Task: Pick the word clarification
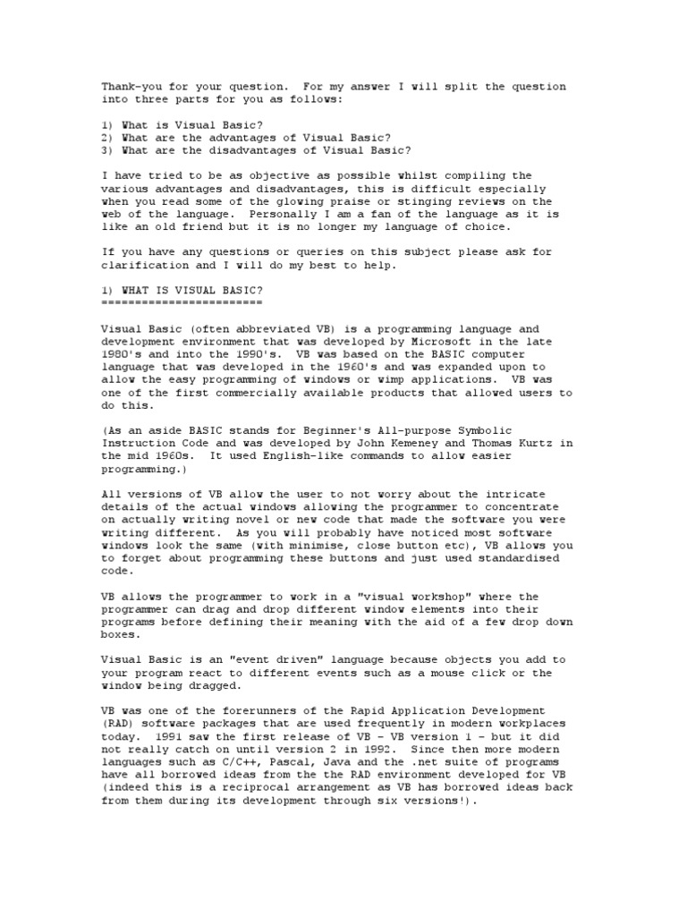(144, 266)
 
